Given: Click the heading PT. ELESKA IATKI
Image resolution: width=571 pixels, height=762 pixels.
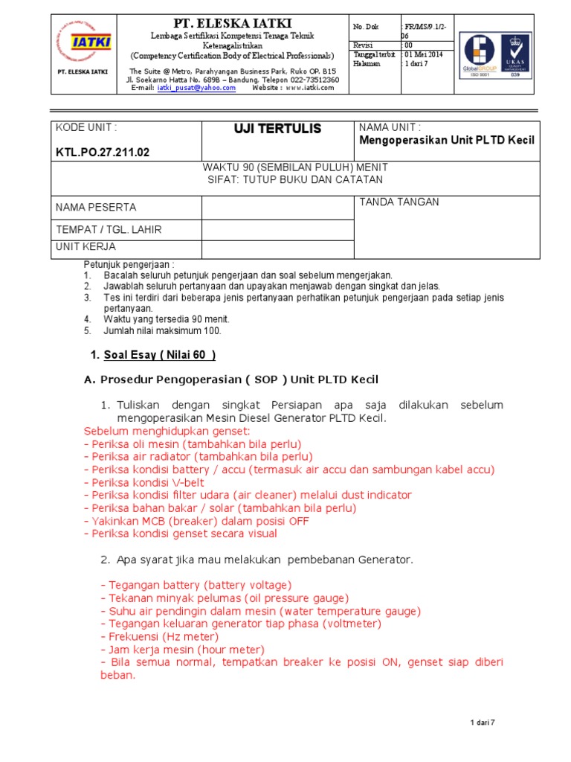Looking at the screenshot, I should tap(232, 23).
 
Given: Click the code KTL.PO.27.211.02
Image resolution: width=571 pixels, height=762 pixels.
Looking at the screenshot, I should tap(103, 153).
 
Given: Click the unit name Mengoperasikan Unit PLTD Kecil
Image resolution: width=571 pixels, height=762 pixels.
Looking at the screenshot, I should tap(446, 141).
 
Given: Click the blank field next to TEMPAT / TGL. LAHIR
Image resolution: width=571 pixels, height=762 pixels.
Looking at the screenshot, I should tap(278, 230).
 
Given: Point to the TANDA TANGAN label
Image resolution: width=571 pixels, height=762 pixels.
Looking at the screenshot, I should tap(399, 202).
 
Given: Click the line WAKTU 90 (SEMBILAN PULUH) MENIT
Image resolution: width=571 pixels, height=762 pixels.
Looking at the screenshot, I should tap(294, 168).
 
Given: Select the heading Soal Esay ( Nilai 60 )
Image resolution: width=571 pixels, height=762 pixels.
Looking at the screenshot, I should tap(158, 354).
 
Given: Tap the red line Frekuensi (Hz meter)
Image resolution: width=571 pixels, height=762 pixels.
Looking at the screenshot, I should tap(159, 637).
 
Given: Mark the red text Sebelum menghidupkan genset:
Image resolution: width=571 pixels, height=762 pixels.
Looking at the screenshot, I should tap(167, 431).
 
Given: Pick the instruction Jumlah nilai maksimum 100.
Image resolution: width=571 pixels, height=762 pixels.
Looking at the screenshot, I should tap(162, 330).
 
